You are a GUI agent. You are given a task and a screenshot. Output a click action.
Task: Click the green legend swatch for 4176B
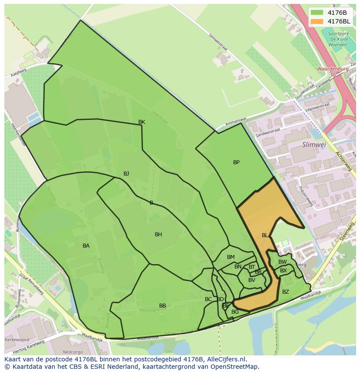317,12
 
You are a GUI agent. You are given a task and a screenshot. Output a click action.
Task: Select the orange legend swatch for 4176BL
317,21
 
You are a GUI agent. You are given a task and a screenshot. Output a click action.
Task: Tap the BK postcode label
142,122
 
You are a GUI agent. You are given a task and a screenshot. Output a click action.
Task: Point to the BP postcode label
236,162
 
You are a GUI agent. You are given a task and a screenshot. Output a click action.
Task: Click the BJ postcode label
126,174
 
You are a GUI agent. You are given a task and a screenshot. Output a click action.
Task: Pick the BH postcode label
158,235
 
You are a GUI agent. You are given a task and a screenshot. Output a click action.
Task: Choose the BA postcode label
86,246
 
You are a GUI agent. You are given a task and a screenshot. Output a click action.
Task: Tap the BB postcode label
163,306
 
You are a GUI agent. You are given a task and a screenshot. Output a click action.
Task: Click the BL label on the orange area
265,235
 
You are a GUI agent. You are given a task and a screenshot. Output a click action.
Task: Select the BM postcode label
231,257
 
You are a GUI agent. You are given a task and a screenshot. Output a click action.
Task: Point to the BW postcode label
283,262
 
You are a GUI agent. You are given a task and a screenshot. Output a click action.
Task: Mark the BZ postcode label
285,292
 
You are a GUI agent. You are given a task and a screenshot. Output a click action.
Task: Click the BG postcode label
235,312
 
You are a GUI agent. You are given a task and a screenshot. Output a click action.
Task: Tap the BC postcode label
208,299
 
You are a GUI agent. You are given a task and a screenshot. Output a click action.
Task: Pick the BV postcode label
252,280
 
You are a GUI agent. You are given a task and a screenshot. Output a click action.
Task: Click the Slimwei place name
314,144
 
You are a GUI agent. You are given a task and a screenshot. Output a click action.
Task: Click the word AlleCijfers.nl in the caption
226,359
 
